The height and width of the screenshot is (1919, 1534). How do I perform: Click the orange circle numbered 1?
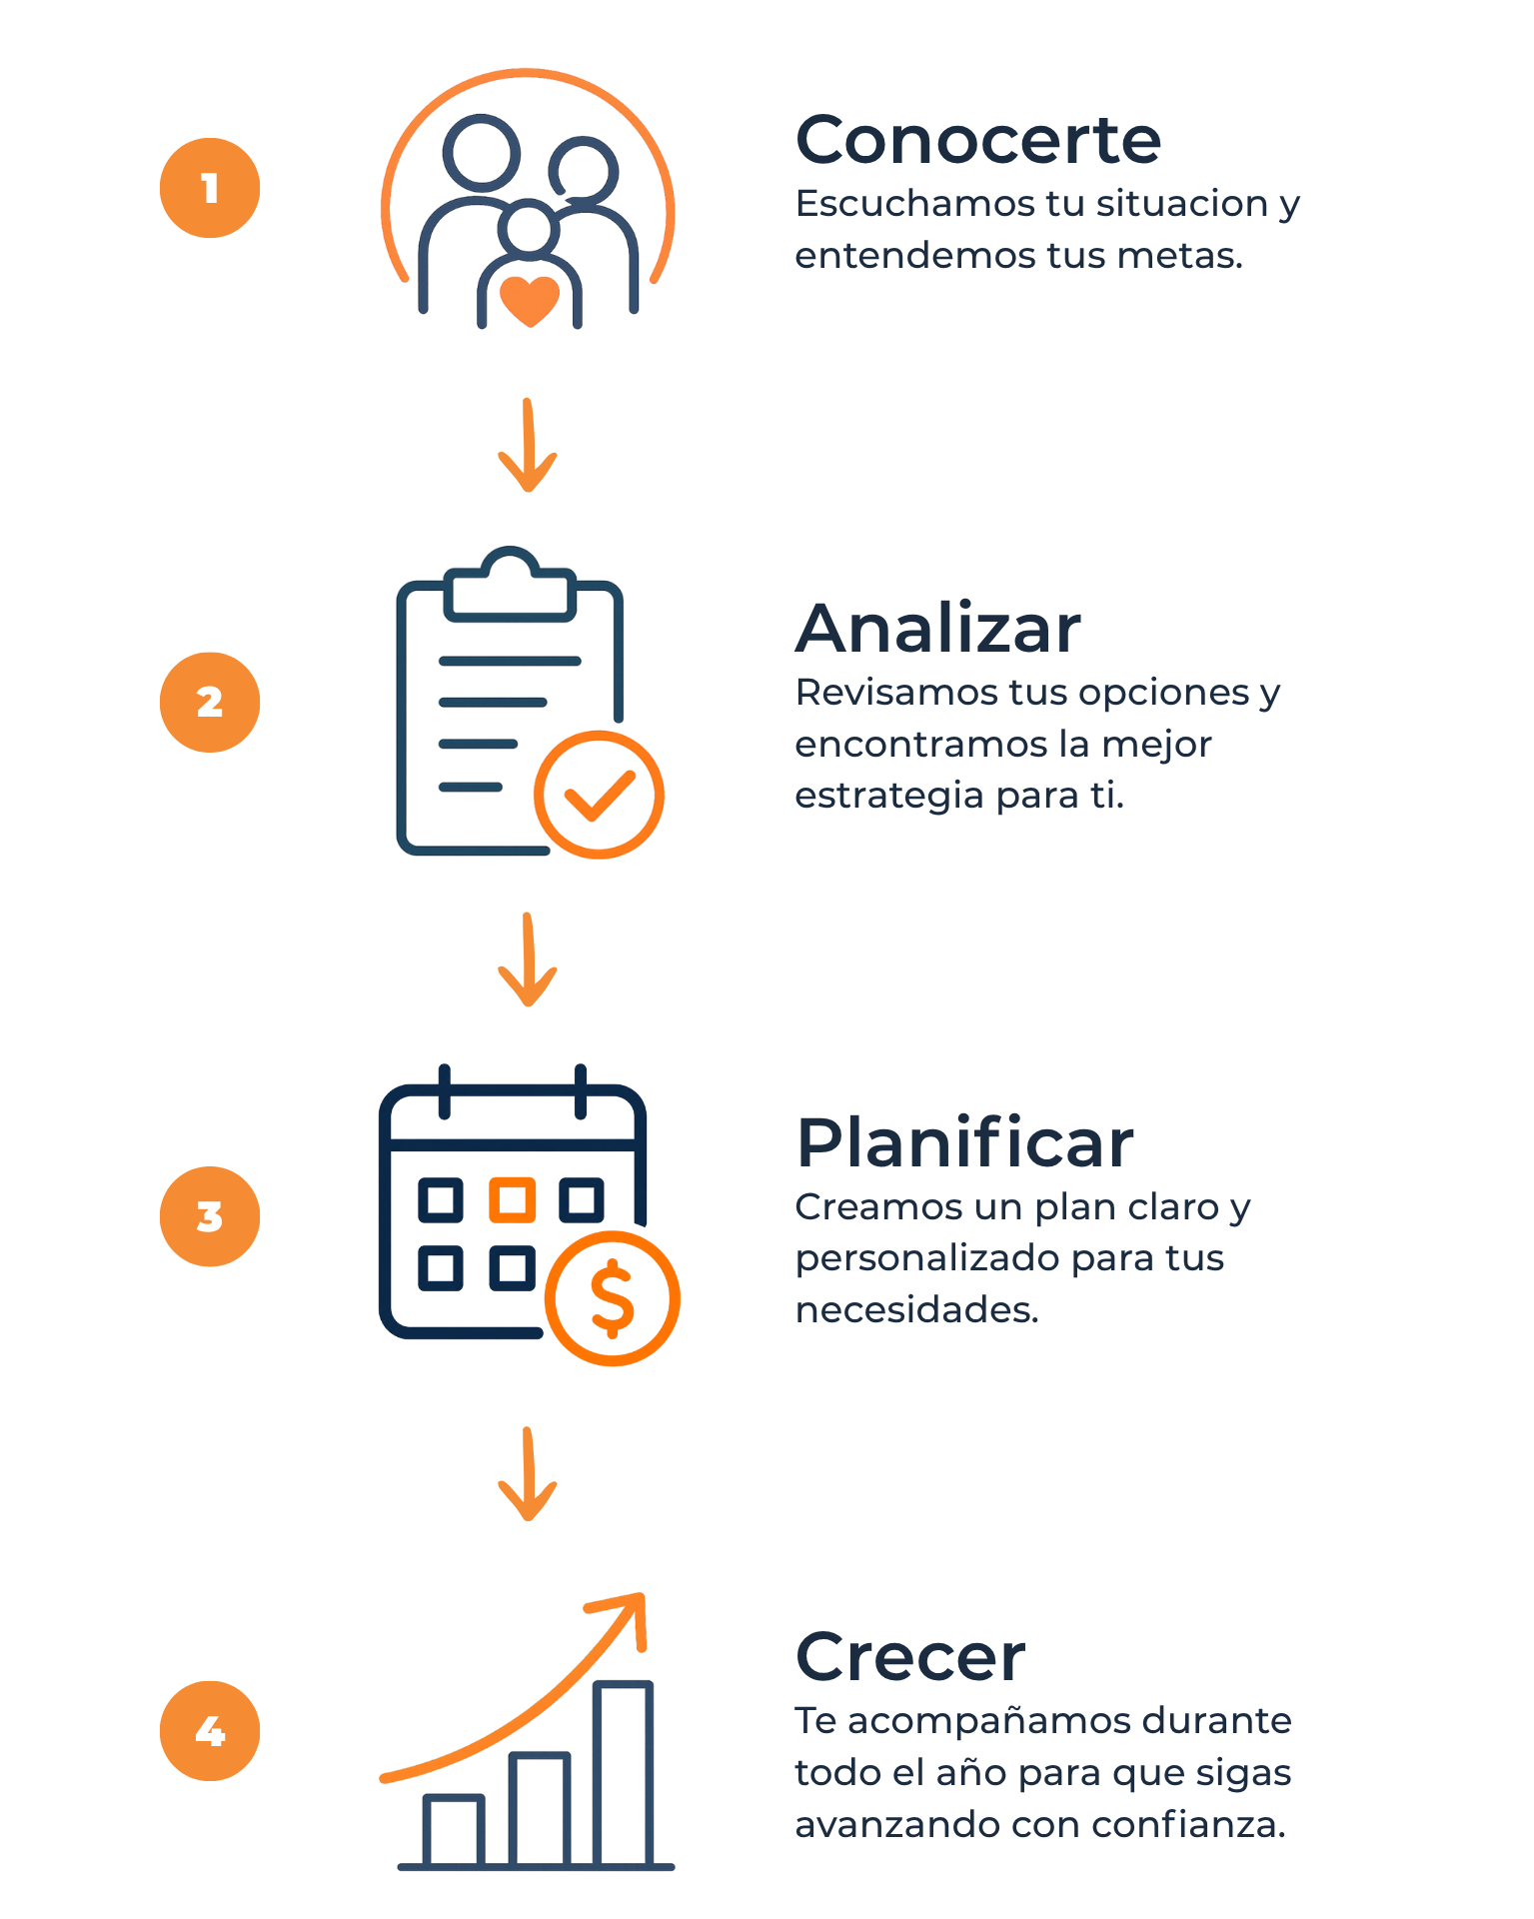210,188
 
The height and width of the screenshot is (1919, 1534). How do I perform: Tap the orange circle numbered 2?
210,702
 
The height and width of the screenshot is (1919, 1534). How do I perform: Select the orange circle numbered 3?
210,1216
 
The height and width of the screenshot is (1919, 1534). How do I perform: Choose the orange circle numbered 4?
210,1730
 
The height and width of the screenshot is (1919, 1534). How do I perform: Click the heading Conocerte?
978,139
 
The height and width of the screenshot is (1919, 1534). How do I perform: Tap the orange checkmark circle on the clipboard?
599,795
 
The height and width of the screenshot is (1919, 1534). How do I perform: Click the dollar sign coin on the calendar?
613,1298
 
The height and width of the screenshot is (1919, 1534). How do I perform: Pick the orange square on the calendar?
512,1199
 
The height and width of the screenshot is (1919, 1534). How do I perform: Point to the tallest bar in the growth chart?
624,1773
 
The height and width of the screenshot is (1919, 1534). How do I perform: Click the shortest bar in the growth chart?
454,1830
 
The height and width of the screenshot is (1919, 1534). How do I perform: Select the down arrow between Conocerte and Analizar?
528,445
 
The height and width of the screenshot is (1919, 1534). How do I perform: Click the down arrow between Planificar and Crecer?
528,1473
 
